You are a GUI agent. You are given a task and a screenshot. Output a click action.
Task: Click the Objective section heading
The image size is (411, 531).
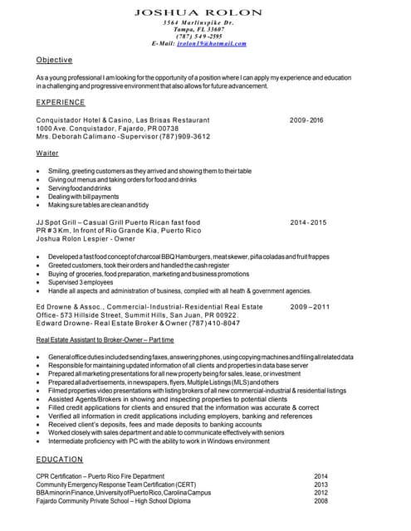tap(54, 61)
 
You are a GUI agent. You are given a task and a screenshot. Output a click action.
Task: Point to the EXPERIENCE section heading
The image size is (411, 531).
tap(61, 102)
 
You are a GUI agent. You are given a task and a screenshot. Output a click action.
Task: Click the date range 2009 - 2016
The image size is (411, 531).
tap(306, 120)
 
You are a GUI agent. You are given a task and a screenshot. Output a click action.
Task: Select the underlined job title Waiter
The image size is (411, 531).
tap(47, 154)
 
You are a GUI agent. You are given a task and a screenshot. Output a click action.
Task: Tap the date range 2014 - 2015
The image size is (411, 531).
tap(308, 222)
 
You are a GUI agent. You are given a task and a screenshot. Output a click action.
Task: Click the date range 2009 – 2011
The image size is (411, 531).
tap(310, 307)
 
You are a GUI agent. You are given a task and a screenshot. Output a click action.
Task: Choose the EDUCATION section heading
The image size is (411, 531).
tap(60, 459)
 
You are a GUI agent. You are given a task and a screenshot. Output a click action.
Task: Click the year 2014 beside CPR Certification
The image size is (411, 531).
tap(320, 476)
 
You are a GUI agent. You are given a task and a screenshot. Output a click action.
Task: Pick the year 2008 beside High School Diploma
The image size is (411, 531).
tap(320, 501)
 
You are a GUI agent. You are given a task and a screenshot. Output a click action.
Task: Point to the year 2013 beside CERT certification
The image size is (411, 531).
tap(320, 485)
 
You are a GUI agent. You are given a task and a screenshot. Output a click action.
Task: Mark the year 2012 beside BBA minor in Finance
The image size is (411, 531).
tap(320, 493)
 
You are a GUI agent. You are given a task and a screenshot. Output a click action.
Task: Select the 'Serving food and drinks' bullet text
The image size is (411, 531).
tap(79, 188)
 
